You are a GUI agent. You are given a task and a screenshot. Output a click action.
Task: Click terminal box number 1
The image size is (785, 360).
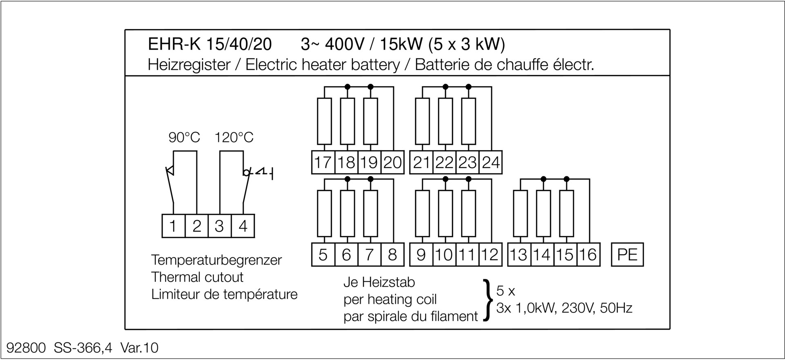point(173,226)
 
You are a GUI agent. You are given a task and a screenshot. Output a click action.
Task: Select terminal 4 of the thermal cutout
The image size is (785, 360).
point(243,226)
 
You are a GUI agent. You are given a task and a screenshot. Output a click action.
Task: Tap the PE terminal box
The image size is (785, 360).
point(627,254)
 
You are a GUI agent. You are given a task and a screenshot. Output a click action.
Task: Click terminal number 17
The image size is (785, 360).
point(323,162)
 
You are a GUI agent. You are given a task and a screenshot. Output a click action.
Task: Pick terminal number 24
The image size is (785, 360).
point(491,162)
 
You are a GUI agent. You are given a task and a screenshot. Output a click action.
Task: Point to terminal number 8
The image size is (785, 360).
point(392,254)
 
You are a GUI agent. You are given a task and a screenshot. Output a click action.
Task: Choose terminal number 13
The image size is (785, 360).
point(519,254)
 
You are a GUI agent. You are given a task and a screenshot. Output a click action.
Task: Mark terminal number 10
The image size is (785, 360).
point(444,254)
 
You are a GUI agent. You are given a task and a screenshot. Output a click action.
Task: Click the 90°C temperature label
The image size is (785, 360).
point(184,137)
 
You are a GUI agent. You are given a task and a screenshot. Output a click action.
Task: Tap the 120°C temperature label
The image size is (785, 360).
point(234,137)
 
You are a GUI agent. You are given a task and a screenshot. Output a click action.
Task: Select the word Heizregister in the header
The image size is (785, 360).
point(189,65)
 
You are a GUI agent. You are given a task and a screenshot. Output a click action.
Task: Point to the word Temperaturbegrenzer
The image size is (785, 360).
point(216,260)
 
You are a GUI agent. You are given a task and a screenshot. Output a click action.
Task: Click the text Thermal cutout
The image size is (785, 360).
point(197,277)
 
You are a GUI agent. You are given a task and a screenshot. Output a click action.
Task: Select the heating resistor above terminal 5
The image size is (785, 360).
point(324,214)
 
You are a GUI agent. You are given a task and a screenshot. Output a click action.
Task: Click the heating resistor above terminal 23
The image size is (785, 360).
point(469,121)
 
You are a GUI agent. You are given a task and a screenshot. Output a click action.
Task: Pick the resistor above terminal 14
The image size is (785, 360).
point(543,214)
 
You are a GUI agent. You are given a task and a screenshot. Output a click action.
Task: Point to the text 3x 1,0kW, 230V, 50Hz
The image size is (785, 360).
point(564,308)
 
